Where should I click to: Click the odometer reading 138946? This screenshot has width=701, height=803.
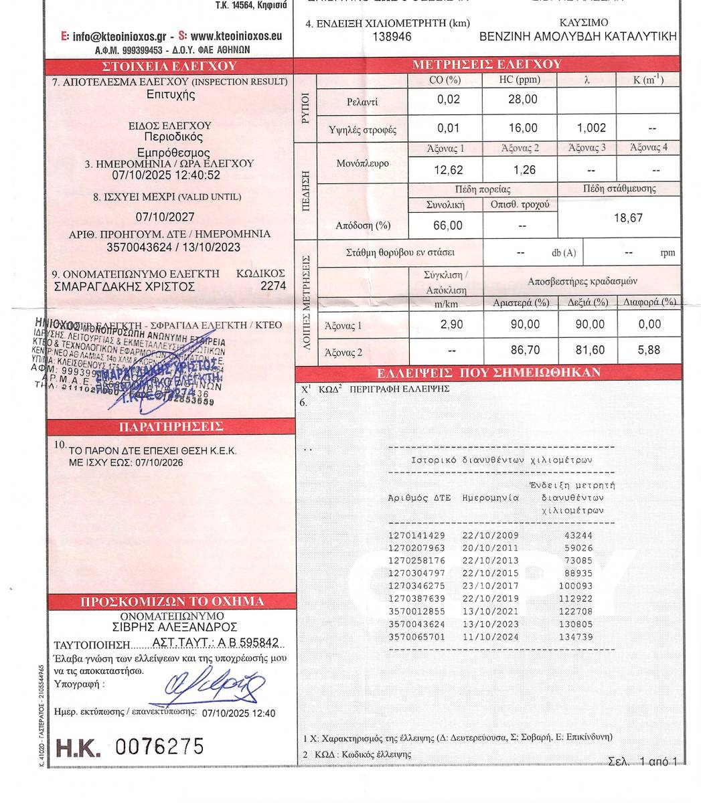tap(392, 37)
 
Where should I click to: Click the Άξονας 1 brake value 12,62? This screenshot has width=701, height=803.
tap(448, 170)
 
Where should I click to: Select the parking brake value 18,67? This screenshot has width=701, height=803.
tap(627, 218)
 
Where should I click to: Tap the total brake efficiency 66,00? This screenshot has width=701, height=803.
tap(448, 226)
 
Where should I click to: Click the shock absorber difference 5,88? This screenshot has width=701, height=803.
tap(649, 350)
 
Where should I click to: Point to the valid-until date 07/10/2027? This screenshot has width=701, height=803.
tap(165, 217)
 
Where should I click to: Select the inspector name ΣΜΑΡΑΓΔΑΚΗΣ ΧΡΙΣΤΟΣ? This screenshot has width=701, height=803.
tap(124, 286)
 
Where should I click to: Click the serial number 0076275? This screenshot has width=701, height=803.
tap(159, 746)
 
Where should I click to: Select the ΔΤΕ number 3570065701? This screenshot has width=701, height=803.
tap(416, 637)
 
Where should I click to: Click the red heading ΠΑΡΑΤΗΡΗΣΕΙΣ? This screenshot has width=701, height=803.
tap(171, 426)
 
